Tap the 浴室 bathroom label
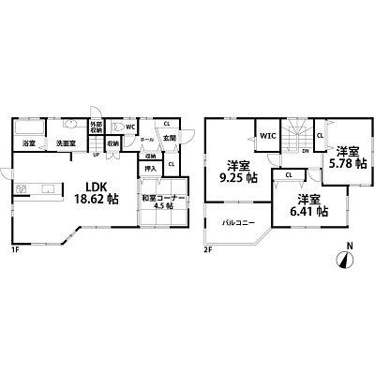tap(28, 144)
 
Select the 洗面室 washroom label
tap(64, 144)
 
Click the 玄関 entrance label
tap(171, 140)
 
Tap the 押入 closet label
tap(150, 171)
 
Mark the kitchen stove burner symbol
tap(20, 188)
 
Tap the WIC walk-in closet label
tap(267, 136)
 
